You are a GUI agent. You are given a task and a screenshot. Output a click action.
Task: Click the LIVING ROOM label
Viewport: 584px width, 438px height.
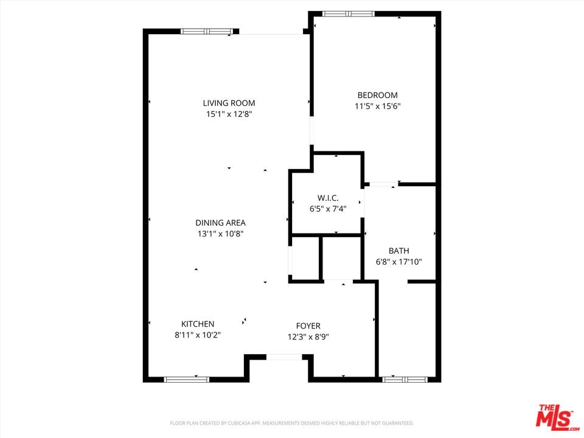[x=229, y=103]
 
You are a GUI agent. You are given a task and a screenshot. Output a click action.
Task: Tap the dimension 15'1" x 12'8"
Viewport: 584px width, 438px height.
[x=229, y=114]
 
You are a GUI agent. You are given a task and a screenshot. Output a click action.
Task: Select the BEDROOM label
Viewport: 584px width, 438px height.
[x=377, y=95]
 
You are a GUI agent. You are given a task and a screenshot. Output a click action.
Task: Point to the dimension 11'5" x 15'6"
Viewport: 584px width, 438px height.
[x=377, y=106]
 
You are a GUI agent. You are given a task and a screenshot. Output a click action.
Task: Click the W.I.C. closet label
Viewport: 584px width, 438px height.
[x=328, y=198]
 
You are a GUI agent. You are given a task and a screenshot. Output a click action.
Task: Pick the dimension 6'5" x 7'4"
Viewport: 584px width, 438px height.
[x=328, y=209]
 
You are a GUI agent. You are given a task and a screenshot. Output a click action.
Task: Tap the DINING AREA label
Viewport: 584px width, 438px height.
[x=220, y=223]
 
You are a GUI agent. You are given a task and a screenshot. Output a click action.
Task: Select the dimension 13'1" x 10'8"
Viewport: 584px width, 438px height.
[x=220, y=234]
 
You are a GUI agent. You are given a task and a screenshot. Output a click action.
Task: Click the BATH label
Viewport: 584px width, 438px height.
[x=399, y=251]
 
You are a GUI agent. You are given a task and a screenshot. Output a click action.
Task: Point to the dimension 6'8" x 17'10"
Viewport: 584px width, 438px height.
[x=399, y=262]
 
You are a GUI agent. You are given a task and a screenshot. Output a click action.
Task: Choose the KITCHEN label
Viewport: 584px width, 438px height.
[x=198, y=324]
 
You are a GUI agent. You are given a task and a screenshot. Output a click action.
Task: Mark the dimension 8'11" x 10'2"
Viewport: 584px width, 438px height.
[x=198, y=335]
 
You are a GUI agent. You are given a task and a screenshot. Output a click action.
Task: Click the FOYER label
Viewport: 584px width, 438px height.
[x=308, y=326]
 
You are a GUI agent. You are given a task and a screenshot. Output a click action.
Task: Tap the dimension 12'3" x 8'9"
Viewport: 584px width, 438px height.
[x=308, y=337]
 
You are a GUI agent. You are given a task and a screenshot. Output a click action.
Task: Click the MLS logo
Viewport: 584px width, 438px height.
[x=555, y=415]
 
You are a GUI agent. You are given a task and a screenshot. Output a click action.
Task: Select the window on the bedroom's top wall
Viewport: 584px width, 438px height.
[x=348, y=13]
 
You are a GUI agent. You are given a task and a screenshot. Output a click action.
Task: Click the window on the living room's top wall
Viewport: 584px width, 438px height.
[x=207, y=31]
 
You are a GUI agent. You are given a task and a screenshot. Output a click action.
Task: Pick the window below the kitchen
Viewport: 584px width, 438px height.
[x=187, y=380]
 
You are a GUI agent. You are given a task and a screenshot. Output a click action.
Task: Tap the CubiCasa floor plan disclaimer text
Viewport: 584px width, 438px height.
[x=292, y=423]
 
